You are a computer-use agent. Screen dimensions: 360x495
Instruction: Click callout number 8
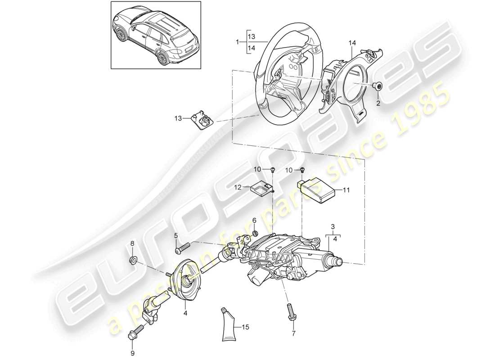132,244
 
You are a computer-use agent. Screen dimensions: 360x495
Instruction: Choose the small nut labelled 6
254,233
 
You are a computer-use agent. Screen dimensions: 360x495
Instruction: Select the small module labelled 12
262,189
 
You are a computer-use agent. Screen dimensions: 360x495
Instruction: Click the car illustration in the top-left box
155,36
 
